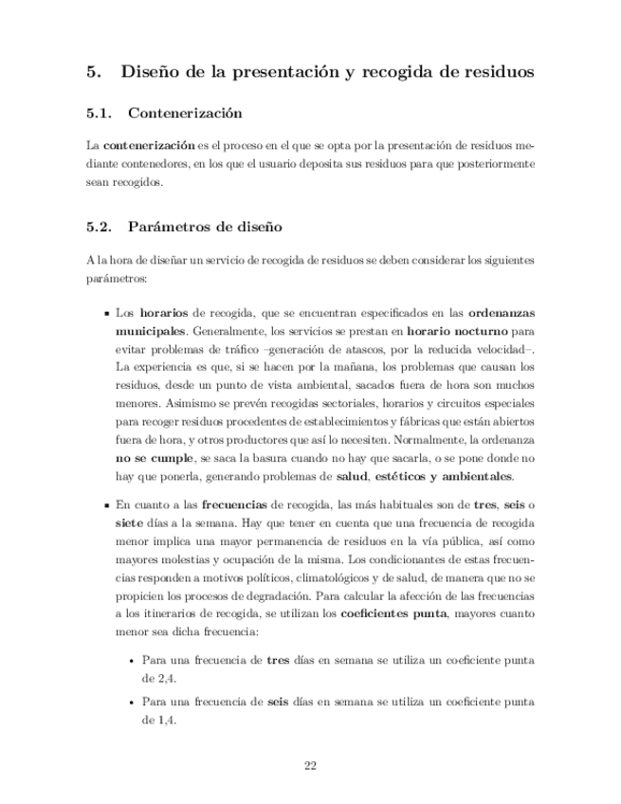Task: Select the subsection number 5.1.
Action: pos(100,114)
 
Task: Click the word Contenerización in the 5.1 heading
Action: pos(184,114)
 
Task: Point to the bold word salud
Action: pos(344,475)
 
